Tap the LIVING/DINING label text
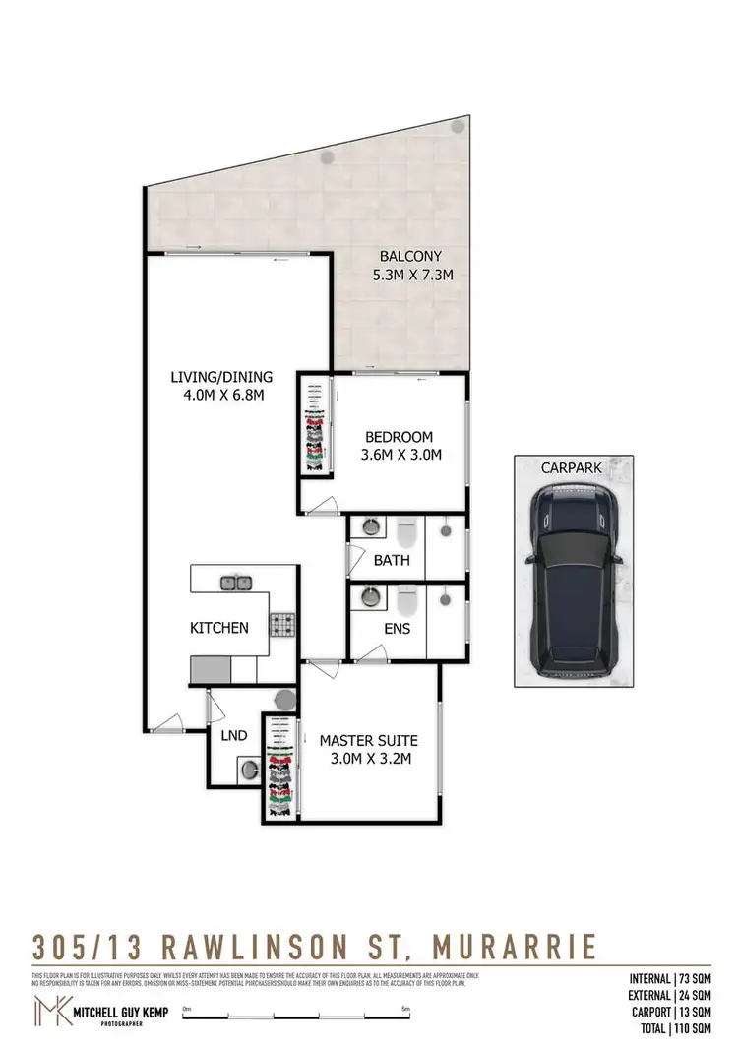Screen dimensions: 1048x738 tap(219, 376)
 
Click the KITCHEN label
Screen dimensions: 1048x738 tap(219, 628)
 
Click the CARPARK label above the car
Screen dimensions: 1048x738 tap(571, 467)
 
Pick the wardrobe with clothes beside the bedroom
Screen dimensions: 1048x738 tap(314, 424)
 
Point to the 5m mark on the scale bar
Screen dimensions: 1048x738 tap(405, 1009)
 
